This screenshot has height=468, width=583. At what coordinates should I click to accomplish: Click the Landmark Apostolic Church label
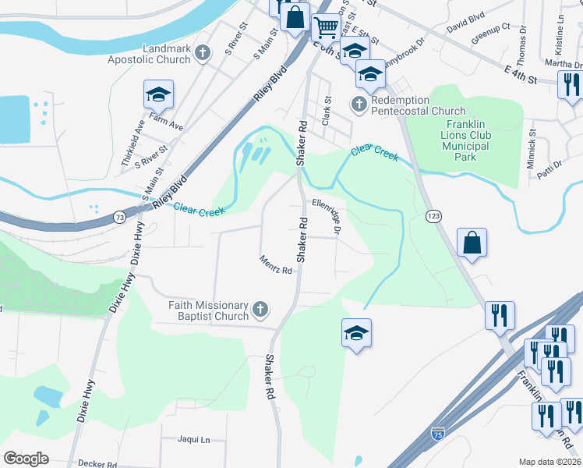167,54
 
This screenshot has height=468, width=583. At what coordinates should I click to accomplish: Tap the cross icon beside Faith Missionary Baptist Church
261,310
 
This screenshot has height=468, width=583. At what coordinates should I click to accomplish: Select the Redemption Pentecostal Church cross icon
359,105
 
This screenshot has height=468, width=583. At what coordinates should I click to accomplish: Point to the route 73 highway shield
118,216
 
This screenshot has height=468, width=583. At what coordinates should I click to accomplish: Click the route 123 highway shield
433,214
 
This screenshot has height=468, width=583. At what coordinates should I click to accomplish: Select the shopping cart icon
326,27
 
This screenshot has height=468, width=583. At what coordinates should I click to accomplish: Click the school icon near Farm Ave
158,94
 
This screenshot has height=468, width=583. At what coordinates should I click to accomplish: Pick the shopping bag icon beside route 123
472,243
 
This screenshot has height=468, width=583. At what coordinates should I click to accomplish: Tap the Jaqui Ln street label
194,440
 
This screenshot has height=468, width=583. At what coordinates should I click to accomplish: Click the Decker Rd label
98,463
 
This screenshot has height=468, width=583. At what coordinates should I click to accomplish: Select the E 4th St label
521,76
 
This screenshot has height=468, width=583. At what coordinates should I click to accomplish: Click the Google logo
26,458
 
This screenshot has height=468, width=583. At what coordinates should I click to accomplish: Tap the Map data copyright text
549,463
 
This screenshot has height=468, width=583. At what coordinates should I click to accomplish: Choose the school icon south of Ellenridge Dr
356,333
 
